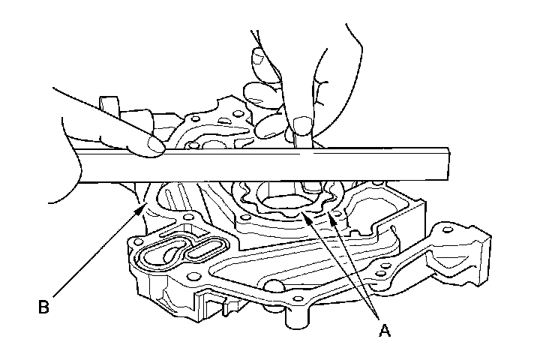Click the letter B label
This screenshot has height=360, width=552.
(44, 306)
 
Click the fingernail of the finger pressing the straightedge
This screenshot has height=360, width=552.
(156, 145)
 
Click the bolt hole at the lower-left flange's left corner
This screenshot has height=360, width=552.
(137, 241)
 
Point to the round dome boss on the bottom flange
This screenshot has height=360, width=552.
(274, 284)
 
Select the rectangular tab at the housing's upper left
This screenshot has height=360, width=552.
(109, 105)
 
